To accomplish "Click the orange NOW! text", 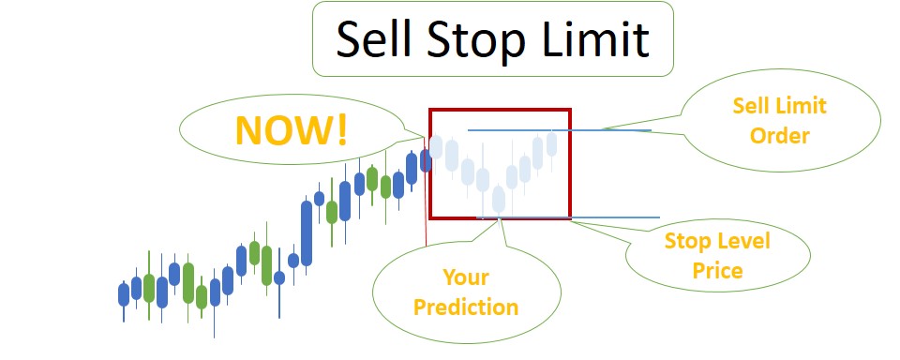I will tap(291, 130).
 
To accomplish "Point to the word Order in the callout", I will tap(779, 135).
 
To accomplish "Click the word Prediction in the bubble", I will tap(466, 306).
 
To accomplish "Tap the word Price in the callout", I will tap(717, 271).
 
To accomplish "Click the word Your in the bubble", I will tap(466, 277).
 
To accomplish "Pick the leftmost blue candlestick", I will tap(124, 294).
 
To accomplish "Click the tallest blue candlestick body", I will tap(306, 232).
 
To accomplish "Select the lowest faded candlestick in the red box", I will tap(498, 199).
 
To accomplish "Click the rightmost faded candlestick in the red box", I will tap(551, 144).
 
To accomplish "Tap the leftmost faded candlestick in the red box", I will tap(437, 146).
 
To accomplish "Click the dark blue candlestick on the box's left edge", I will tap(425, 160).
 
